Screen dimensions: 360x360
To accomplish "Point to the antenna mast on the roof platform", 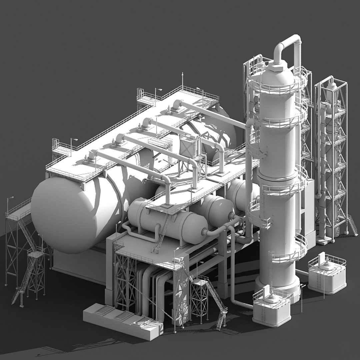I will tap(182, 80).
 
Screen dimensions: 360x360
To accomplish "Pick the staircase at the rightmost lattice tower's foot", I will tap(352, 225).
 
